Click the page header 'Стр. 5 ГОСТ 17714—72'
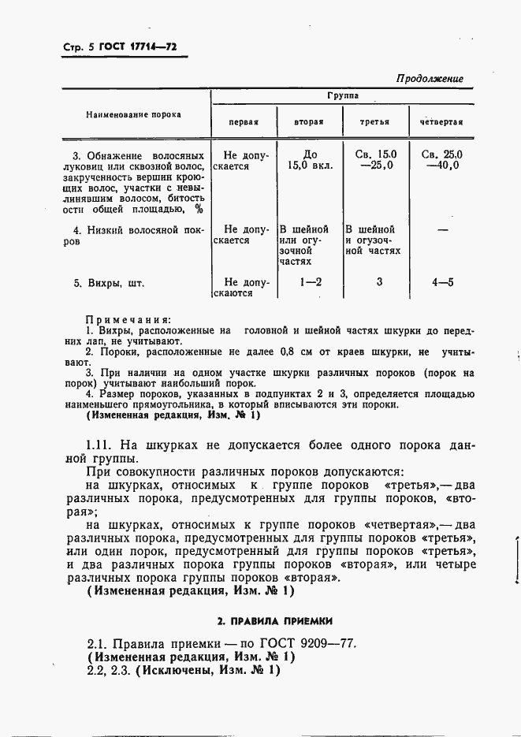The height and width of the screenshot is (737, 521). click(x=119, y=48)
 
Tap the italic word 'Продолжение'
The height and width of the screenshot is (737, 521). click(x=429, y=79)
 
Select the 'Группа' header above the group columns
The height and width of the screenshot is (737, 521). click(x=343, y=95)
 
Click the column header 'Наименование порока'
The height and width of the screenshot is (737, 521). click(x=133, y=114)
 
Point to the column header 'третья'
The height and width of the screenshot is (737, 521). click(x=375, y=122)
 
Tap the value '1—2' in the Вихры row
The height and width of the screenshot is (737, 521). click(x=310, y=281)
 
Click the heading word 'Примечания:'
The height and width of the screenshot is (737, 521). click(x=128, y=319)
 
